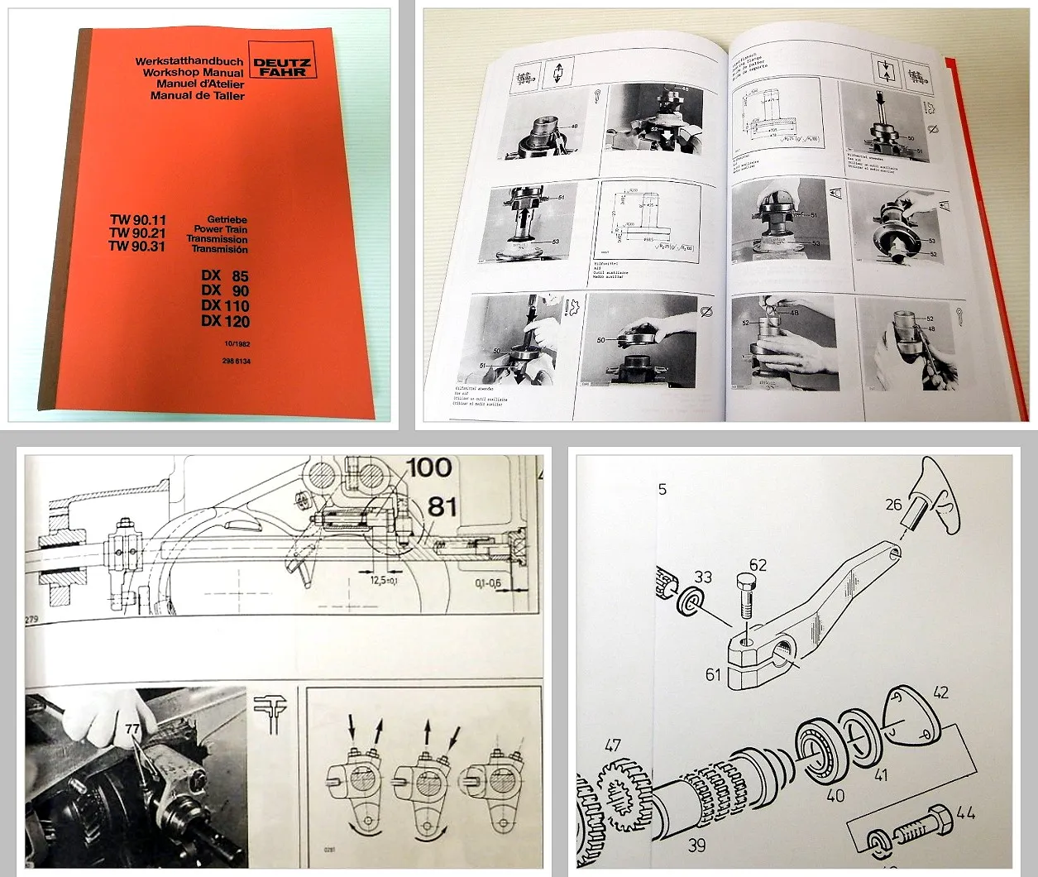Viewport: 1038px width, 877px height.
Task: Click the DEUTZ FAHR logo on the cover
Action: pyautogui.click(x=280, y=66)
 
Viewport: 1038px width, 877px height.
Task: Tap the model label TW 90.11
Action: pyautogui.click(x=138, y=219)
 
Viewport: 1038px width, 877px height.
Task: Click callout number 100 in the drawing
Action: pyautogui.click(x=428, y=467)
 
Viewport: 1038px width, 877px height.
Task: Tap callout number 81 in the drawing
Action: pyautogui.click(x=442, y=506)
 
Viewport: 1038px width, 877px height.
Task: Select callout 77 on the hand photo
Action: pyautogui.click(x=133, y=729)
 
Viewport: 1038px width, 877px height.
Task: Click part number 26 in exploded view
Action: pyautogui.click(x=893, y=503)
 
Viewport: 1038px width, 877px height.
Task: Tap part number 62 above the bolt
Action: pyautogui.click(x=757, y=566)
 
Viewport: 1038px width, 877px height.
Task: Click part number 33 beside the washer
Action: pyautogui.click(x=702, y=576)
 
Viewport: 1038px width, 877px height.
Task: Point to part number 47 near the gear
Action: pyautogui.click(x=612, y=746)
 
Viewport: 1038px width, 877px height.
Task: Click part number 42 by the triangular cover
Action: pyautogui.click(x=940, y=692)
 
